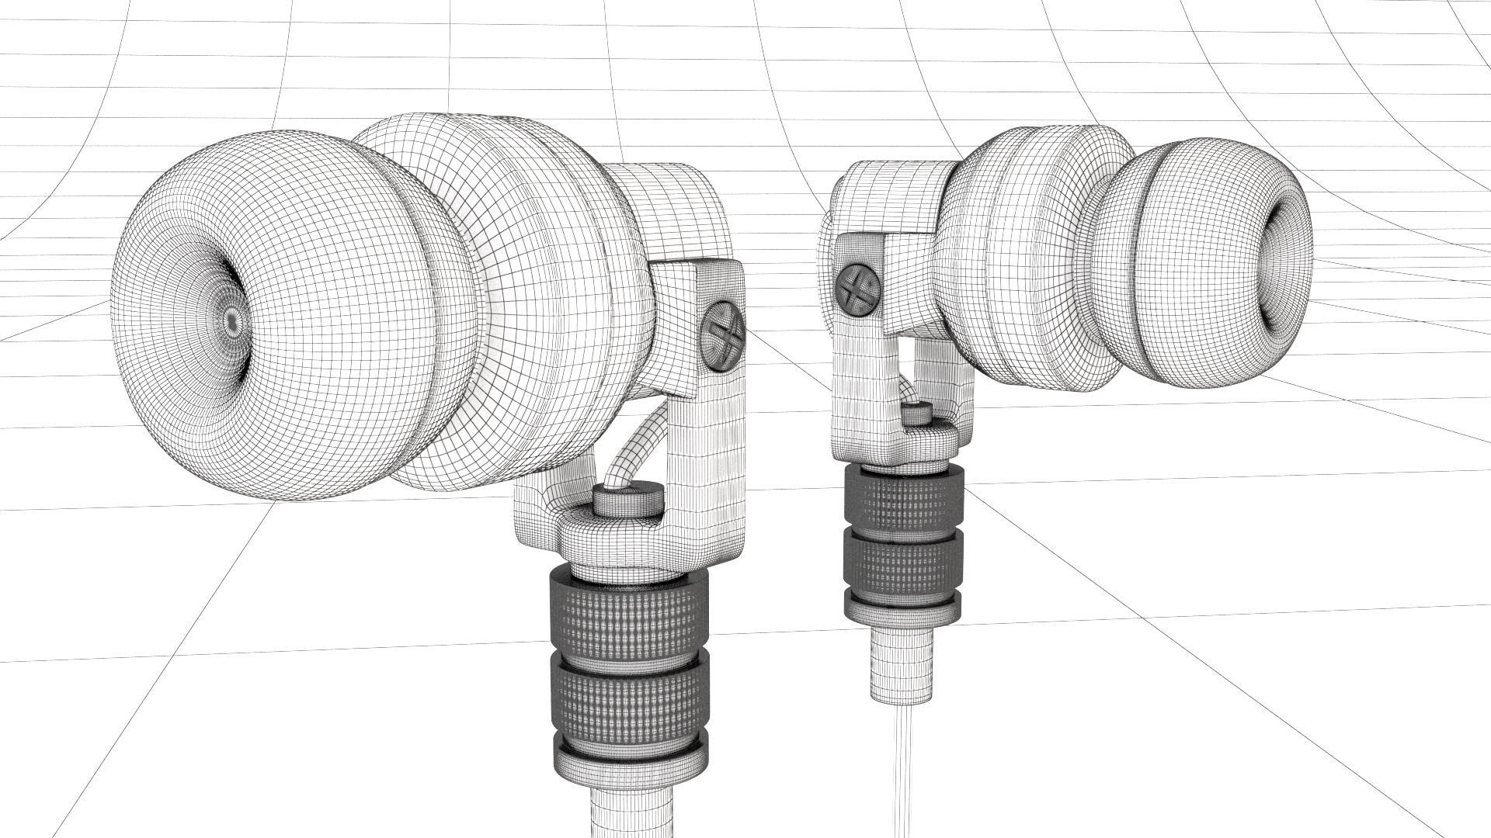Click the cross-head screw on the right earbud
pyautogui.click(x=857, y=288)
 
